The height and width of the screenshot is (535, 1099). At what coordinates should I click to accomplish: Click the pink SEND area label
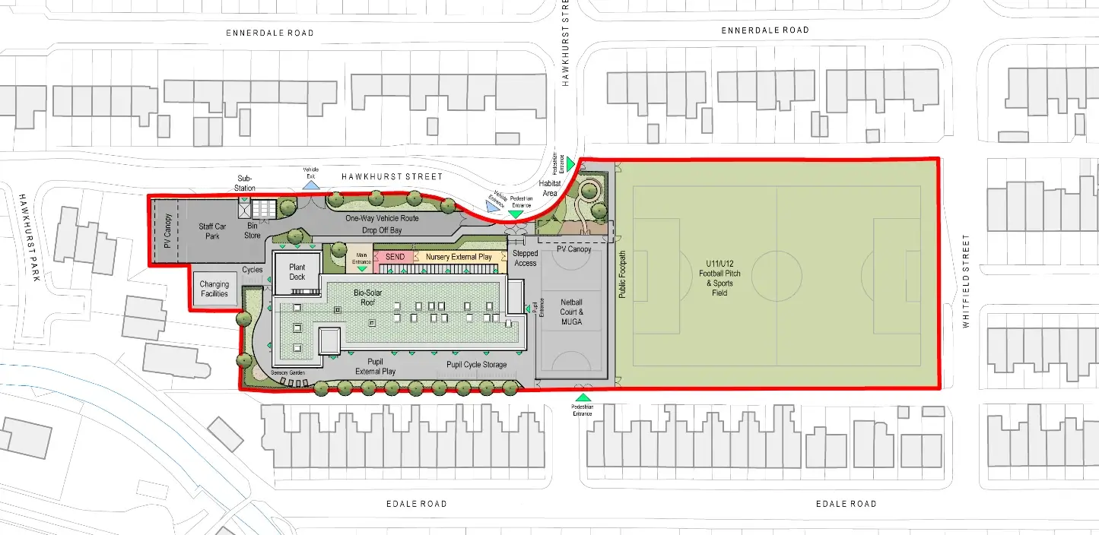coord(395,257)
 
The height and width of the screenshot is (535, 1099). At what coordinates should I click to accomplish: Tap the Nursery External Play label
coord(458,257)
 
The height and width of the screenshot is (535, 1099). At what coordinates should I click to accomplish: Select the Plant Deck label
coord(297,272)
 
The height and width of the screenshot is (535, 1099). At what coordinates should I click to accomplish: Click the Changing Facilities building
coord(214,289)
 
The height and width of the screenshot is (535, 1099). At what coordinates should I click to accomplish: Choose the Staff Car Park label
coord(213,231)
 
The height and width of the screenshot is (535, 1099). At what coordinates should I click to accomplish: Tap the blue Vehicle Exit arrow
coord(310,185)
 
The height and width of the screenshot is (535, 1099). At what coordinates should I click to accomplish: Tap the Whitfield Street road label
coord(967,281)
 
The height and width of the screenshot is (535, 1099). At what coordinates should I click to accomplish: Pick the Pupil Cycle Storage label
coord(477,365)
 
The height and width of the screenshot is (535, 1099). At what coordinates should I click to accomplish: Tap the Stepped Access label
coord(525,258)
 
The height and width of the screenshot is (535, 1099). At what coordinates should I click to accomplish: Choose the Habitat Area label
coord(550,188)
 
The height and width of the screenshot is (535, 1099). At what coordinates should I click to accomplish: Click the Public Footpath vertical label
coord(621,274)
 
